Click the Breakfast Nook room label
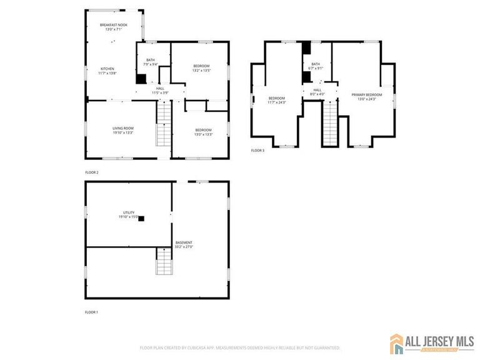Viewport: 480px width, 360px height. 114,26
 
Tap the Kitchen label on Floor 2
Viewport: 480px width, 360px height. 107,71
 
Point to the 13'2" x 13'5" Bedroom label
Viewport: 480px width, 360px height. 201,68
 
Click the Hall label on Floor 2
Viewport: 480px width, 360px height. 160,91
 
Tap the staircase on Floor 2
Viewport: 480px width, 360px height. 163,124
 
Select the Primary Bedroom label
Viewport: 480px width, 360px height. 366,97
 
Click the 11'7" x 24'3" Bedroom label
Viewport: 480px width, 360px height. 276,100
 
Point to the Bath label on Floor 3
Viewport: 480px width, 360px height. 316,66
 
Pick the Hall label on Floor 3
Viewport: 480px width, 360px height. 317,92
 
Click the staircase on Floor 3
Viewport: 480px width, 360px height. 329,123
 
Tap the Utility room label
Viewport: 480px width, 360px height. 129,214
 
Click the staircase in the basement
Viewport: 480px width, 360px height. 163,260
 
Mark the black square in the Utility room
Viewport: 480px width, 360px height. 141,219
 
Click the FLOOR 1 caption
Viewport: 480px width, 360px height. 92,311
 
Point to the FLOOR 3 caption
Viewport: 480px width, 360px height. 257,151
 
